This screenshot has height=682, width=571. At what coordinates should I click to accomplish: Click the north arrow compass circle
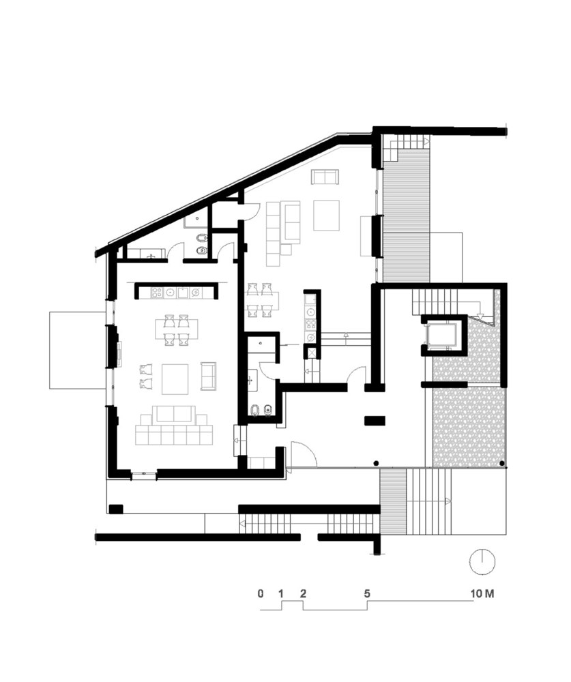[482, 561]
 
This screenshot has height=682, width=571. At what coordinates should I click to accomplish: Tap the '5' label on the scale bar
[367, 593]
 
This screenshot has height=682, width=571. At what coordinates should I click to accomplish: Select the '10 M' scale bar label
[482, 593]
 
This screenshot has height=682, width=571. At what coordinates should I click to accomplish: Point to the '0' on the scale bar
[260, 593]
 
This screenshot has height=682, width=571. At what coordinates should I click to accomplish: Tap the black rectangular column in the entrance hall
[375, 421]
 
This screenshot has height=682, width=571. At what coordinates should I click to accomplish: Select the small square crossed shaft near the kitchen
[311, 351]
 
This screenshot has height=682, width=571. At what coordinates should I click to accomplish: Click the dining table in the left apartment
[177, 329]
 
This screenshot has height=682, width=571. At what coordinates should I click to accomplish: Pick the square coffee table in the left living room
[175, 379]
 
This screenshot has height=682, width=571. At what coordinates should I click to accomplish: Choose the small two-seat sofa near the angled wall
[325, 177]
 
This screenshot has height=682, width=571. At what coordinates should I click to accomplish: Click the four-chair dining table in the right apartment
[261, 299]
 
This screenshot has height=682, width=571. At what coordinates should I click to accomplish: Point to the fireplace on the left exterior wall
[119, 353]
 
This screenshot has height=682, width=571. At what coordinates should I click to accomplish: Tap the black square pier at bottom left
[116, 509]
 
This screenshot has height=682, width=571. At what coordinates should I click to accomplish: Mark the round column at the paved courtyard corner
[502, 463]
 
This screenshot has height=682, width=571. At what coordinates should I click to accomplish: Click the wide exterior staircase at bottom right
[429, 502]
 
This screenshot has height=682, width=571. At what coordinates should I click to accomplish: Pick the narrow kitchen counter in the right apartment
[311, 318]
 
